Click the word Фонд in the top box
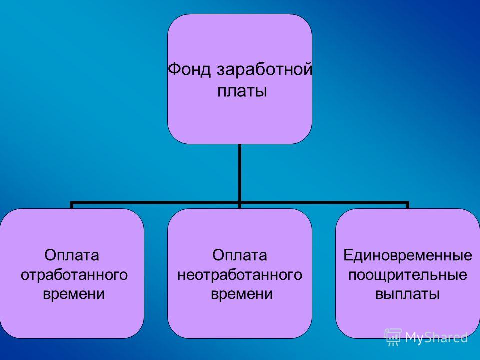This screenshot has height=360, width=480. pos(189,70)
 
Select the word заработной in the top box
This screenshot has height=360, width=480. pos(265,70)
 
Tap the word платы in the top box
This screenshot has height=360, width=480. pos(242,91)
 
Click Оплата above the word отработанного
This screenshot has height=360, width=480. pos(72,255)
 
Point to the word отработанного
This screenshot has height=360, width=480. pos(74,275)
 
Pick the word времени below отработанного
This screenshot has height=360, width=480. pos(74,294)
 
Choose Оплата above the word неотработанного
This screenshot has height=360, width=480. pos(239,255)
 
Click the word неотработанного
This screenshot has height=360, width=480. pos(240,275)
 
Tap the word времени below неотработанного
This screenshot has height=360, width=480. pos(242,294)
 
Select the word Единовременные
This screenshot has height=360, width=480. pos(408,255)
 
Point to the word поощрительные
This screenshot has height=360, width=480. pos(408,275)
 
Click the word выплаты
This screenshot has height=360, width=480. pos(408,294)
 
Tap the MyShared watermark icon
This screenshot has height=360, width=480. pos(393,337)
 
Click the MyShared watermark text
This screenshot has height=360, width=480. pos(437,338)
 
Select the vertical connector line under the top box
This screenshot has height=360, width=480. pos(240,173)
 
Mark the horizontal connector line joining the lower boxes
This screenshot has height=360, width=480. pos(240,202)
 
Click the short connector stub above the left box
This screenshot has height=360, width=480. pos(72,205)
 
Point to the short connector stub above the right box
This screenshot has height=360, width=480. pos(408,205)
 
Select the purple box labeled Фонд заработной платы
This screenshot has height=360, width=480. pos(240,79)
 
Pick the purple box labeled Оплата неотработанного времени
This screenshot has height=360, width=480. pos(240,273)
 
